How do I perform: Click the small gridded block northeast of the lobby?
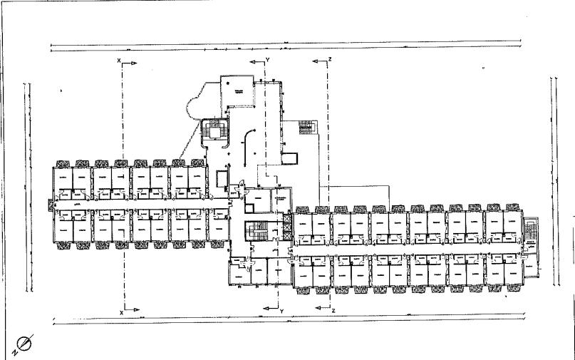pyautogui.click(x=306, y=128)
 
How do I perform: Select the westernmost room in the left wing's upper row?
pyautogui.click(x=63, y=178)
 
